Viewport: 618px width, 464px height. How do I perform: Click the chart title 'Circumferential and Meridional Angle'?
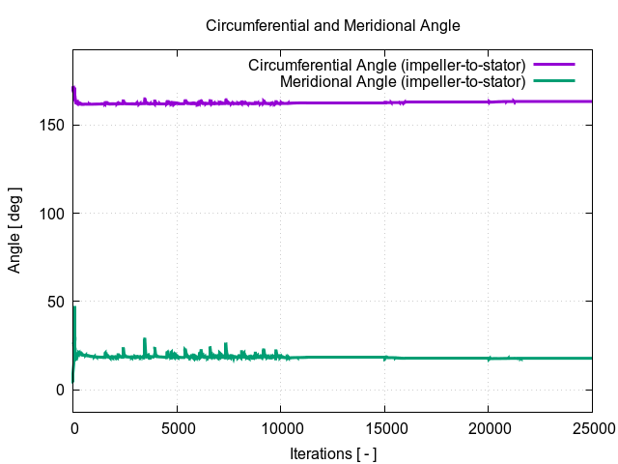click(x=333, y=25)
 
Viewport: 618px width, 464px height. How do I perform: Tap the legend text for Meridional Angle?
click(x=402, y=81)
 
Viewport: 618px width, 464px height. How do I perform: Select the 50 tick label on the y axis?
click(x=56, y=302)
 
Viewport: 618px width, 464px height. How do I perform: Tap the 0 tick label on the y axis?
click(x=60, y=390)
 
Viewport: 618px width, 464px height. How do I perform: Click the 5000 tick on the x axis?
click(x=178, y=427)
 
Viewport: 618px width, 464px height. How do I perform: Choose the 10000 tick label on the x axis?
click(x=281, y=427)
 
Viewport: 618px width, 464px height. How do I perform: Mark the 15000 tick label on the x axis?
click(x=385, y=427)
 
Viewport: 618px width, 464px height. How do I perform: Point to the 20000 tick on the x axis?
click(x=489, y=427)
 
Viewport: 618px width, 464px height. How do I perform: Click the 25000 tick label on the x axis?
click(x=591, y=427)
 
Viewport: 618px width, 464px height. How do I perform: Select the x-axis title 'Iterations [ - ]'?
click(x=333, y=452)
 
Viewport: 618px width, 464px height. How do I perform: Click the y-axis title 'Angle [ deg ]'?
click(x=14, y=230)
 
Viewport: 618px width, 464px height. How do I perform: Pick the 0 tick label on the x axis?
click(x=74, y=427)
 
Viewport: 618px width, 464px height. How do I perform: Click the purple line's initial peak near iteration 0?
click(x=74, y=88)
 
